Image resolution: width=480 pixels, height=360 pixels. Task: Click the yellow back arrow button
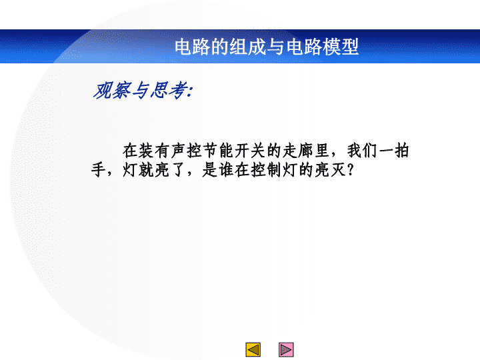click(253, 349)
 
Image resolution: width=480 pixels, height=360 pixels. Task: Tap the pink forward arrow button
click(286, 349)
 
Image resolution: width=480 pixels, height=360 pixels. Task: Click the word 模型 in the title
click(341, 47)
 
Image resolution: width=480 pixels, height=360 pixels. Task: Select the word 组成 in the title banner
click(247, 47)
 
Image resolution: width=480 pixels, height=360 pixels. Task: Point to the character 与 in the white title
click(275, 47)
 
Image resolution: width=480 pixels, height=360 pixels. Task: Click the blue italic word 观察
click(113, 91)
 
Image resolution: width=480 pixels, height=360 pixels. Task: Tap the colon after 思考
click(191, 92)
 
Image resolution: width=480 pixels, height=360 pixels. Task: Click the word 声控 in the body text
click(186, 151)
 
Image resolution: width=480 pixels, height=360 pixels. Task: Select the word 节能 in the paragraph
click(218, 151)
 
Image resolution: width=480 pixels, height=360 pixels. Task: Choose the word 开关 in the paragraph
click(250, 151)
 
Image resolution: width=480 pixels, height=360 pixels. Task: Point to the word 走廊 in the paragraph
click(297, 151)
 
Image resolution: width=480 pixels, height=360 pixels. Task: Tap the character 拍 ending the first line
click(401, 151)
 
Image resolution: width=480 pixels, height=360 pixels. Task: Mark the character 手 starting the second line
click(99, 169)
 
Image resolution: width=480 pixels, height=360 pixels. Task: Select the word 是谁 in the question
click(218, 169)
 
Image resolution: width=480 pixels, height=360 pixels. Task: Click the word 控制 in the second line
click(266, 169)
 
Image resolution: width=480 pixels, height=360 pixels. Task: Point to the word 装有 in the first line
click(154, 151)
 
